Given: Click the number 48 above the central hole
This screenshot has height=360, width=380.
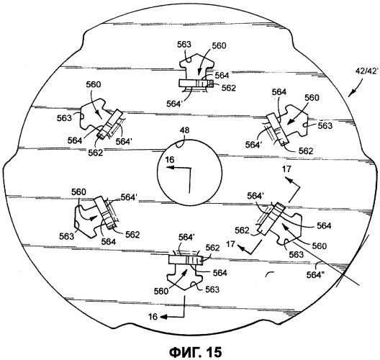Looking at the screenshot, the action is [185, 130].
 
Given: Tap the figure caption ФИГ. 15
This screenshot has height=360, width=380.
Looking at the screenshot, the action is [195, 352].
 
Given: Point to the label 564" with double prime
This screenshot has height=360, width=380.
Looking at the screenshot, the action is [316, 275].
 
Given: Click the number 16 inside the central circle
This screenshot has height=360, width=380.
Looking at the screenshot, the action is [170, 160].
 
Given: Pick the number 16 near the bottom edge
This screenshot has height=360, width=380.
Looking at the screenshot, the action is [153, 317].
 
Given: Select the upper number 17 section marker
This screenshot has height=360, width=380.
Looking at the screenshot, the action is [286, 169].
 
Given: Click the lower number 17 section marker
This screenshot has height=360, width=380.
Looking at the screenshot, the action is [231, 243].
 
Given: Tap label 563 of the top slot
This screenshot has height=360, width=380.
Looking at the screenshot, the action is [184, 45].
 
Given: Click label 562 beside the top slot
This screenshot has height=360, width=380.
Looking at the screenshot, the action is [229, 88].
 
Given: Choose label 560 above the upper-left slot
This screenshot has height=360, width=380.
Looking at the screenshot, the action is [94, 85].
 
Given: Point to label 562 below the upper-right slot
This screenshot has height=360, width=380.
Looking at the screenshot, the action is [306, 151].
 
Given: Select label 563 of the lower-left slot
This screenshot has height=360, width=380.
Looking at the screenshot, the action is [66, 236].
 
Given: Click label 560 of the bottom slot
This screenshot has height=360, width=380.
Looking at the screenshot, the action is [161, 291].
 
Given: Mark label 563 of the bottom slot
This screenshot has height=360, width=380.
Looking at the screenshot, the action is [212, 289].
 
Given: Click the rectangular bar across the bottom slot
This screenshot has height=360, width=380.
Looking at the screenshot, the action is [186, 261].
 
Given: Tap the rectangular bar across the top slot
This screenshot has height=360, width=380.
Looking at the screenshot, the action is [196, 84].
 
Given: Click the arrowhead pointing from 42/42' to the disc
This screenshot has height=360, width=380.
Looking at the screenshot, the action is [351, 94].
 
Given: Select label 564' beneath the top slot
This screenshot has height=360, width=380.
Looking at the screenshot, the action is [174, 104].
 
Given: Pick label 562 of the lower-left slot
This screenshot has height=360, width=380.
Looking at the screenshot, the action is [132, 235].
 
